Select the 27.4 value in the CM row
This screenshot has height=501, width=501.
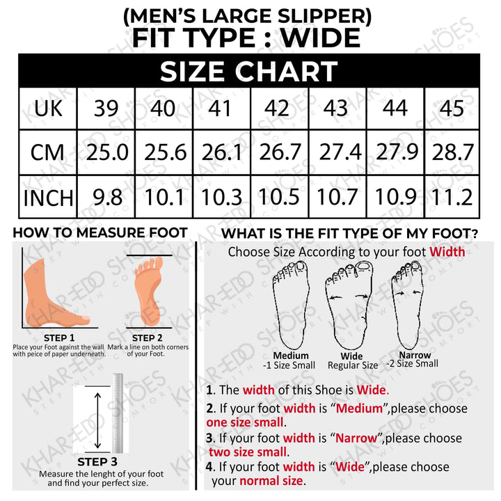(x=340, y=152)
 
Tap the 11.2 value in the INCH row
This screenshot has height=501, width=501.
(x=452, y=197)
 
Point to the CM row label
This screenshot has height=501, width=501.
(x=47, y=152)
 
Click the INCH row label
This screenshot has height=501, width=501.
(x=48, y=198)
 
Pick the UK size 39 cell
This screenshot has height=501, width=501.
(x=106, y=109)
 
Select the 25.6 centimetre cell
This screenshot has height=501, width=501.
(x=165, y=152)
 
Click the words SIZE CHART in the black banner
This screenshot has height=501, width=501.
(x=248, y=71)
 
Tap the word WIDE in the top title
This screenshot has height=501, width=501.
(x=321, y=38)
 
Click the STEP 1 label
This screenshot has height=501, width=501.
(x=59, y=337)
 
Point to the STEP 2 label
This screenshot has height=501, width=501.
(x=148, y=337)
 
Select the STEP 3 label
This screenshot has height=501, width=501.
(x=97, y=462)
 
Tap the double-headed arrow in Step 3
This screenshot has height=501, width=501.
(x=98, y=420)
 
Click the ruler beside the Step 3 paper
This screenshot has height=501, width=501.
(x=118, y=413)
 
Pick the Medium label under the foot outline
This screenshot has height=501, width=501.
(x=291, y=356)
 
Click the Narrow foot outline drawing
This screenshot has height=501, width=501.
(x=408, y=305)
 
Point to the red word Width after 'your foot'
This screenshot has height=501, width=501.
(x=447, y=252)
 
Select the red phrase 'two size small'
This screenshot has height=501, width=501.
(x=248, y=452)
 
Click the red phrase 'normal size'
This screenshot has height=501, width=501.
(x=271, y=481)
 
